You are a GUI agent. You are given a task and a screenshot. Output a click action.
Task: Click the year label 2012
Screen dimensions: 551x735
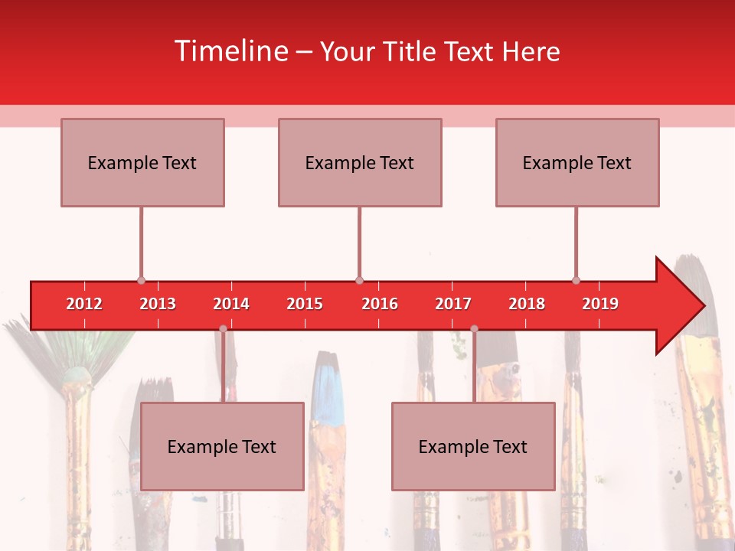(84, 304)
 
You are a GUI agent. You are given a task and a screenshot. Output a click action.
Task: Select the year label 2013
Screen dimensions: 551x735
(158, 304)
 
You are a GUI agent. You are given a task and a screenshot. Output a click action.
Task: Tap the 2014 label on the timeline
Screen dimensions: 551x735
(231, 304)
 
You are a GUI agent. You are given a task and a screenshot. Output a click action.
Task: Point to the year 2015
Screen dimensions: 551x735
(305, 304)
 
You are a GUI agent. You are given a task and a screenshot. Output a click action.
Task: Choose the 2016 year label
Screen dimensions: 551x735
(380, 304)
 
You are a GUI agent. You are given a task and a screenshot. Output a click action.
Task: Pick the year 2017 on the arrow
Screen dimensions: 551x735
(453, 304)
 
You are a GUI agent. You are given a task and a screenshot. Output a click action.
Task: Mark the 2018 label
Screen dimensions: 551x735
(527, 304)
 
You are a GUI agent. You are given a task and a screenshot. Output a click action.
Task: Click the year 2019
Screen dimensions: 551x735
(600, 304)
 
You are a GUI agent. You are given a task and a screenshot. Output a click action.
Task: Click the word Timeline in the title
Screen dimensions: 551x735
(230, 51)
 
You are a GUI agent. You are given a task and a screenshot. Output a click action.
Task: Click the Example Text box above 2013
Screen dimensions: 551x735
(142, 162)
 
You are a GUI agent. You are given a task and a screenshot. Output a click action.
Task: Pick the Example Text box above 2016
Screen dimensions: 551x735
(360, 162)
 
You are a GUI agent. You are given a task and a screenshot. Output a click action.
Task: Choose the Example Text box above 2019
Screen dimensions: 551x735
(577, 162)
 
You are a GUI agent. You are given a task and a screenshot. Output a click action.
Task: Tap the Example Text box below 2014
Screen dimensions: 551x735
(222, 446)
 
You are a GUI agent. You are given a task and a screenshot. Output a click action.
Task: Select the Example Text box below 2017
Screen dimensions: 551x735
(473, 446)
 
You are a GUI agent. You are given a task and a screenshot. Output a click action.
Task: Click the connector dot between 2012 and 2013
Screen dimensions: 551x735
(141, 281)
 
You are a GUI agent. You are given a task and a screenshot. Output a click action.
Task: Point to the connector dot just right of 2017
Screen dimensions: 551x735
(474, 329)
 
